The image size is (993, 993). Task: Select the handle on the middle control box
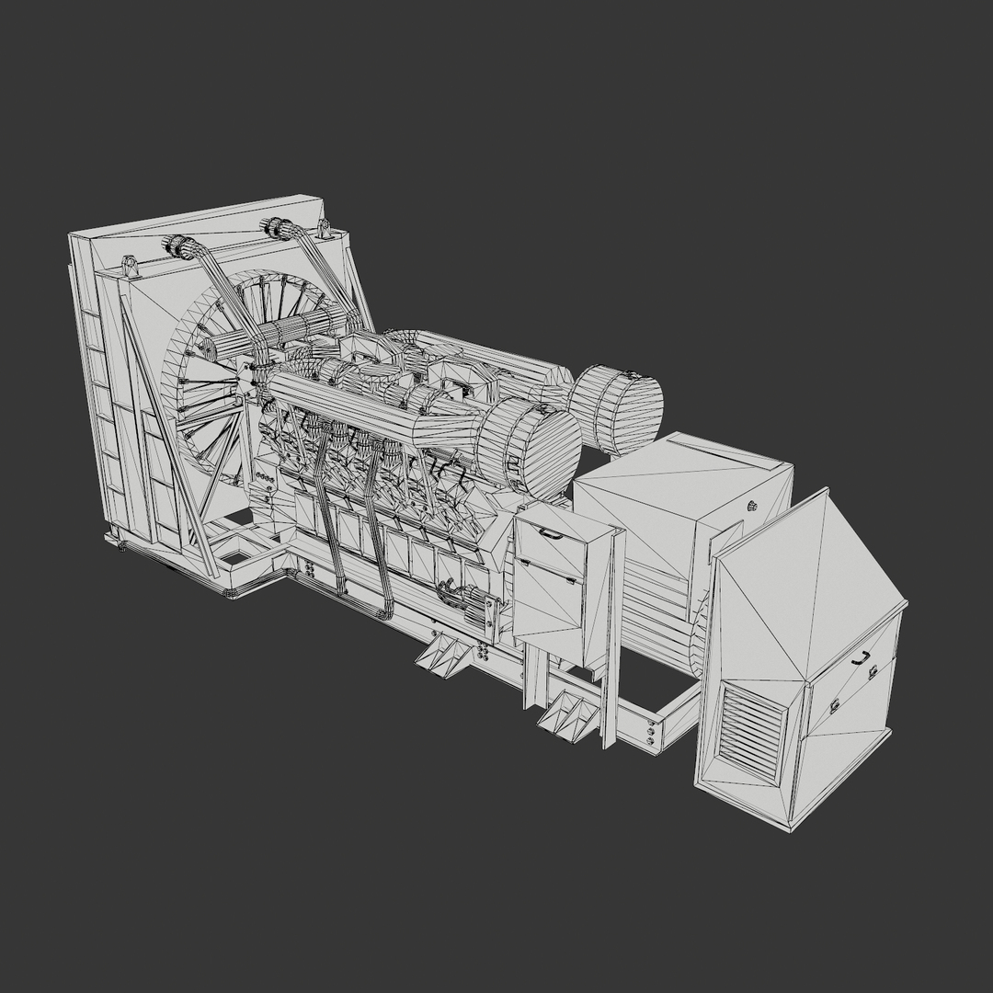click(x=552, y=531)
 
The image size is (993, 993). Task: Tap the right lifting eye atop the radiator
click(x=325, y=228)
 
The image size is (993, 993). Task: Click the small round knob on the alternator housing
click(x=752, y=505)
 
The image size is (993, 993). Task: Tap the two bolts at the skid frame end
click(x=651, y=734)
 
